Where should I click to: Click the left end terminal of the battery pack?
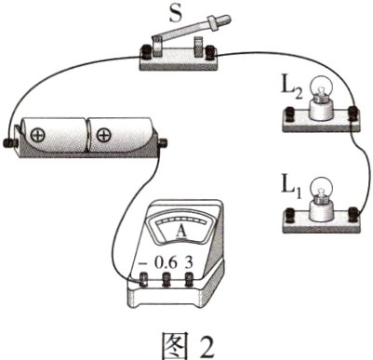pos(11,142)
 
